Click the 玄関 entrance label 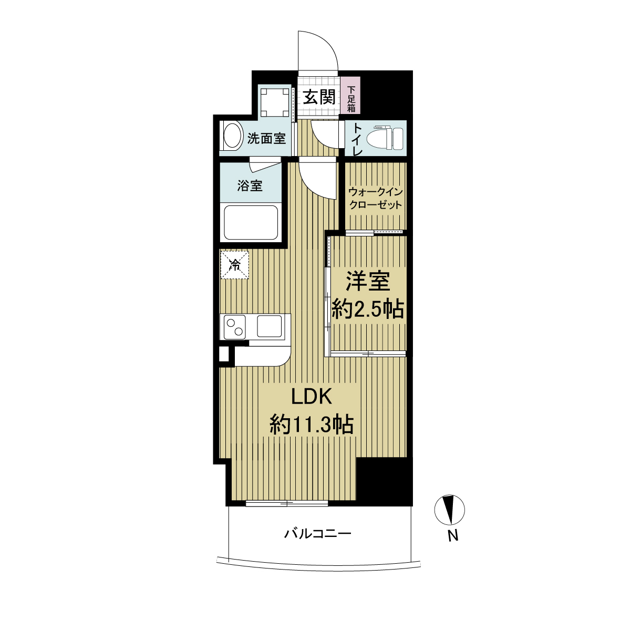(318, 97)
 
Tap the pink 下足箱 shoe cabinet (350, 95)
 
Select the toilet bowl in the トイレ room (385, 139)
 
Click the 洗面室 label (266, 139)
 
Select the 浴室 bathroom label (250, 186)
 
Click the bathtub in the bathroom (251, 223)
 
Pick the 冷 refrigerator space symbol (235, 265)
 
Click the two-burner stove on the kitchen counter (235, 327)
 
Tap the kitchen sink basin (269, 326)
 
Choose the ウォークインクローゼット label (375, 199)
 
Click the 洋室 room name (368, 281)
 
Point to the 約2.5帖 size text (367, 309)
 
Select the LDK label (312, 398)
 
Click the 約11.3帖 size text (312, 425)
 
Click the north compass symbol (449, 510)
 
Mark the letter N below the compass (453, 536)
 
